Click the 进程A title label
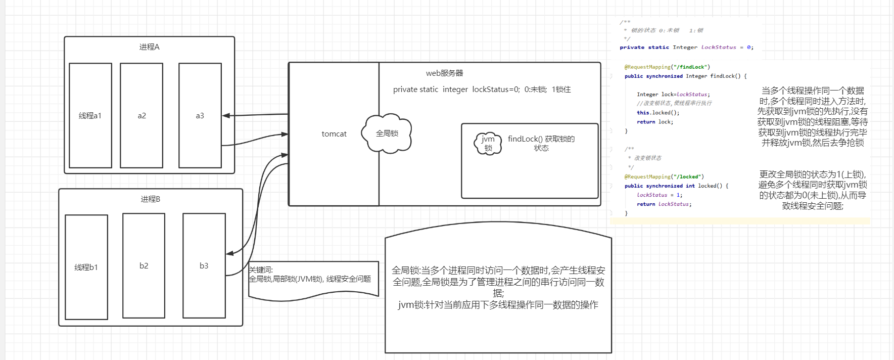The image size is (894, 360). [x=149, y=47]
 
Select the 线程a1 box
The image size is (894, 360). [x=90, y=115]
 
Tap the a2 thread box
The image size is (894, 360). [x=142, y=115]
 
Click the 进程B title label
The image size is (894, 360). [x=150, y=199]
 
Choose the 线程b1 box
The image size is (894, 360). [x=86, y=267]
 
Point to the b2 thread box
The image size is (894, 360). [x=144, y=265]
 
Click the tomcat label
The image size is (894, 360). [x=334, y=134]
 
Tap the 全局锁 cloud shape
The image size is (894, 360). [x=387, y=133]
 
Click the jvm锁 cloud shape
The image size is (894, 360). [x=488, y=144]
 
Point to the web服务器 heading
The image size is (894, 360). [x=444, y=73]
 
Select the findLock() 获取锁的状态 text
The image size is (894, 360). [x=541, y=143]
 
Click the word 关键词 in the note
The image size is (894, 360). [x=261, y=270]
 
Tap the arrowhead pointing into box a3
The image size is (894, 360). [x=225, y=116]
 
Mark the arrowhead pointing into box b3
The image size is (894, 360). [x=229, y=253]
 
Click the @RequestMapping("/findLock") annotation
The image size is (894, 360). [x=667, y=67]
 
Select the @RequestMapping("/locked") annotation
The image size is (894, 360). [x=664, y=176]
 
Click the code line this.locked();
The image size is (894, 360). [x=658, y=113]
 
